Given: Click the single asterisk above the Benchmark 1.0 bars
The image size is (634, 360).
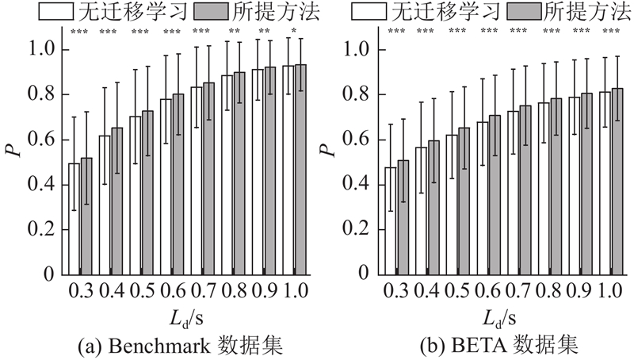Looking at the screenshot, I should point(294,32).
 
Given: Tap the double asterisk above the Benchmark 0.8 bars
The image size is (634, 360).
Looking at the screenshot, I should point(233,32).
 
